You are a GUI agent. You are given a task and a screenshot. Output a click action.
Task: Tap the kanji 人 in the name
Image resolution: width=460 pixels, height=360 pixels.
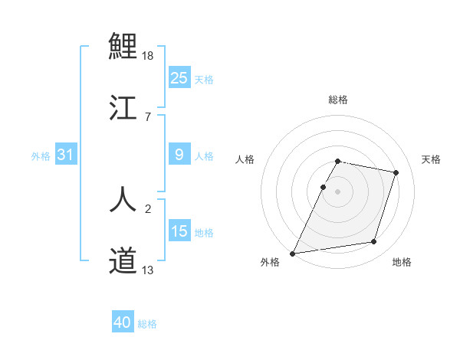123,198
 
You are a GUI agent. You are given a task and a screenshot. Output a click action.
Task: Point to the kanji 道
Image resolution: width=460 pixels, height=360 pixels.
123,260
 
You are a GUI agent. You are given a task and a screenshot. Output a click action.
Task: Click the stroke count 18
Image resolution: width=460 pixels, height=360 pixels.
149,56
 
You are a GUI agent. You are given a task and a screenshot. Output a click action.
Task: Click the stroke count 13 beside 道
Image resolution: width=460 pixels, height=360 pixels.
148,270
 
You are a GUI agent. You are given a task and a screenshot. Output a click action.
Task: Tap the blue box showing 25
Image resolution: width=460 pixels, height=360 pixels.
179,77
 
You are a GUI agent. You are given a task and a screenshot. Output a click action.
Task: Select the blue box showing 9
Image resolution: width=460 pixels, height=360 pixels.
179,155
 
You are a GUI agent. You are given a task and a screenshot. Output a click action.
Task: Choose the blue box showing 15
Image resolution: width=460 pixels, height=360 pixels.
179,231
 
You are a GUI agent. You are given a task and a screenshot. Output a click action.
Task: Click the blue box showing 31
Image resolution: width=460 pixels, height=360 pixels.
66,155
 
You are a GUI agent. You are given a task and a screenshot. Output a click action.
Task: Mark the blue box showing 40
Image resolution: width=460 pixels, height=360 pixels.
123,322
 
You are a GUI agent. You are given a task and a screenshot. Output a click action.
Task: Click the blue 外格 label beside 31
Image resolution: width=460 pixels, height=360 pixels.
41,155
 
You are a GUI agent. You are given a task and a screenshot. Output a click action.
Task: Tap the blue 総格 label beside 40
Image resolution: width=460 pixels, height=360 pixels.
147,324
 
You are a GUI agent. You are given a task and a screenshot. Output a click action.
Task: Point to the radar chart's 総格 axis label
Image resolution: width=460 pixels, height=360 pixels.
337,100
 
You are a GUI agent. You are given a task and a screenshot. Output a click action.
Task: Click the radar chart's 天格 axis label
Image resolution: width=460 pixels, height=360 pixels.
431,159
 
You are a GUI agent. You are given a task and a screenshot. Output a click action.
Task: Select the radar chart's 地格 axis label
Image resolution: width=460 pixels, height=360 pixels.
402,262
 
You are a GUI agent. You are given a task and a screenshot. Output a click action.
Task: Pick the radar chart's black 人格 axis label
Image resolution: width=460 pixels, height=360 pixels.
245,159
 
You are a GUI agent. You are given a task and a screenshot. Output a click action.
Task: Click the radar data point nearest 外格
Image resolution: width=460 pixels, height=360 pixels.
293,253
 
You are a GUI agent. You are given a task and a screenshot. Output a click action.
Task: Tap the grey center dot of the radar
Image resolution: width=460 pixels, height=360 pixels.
337,191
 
